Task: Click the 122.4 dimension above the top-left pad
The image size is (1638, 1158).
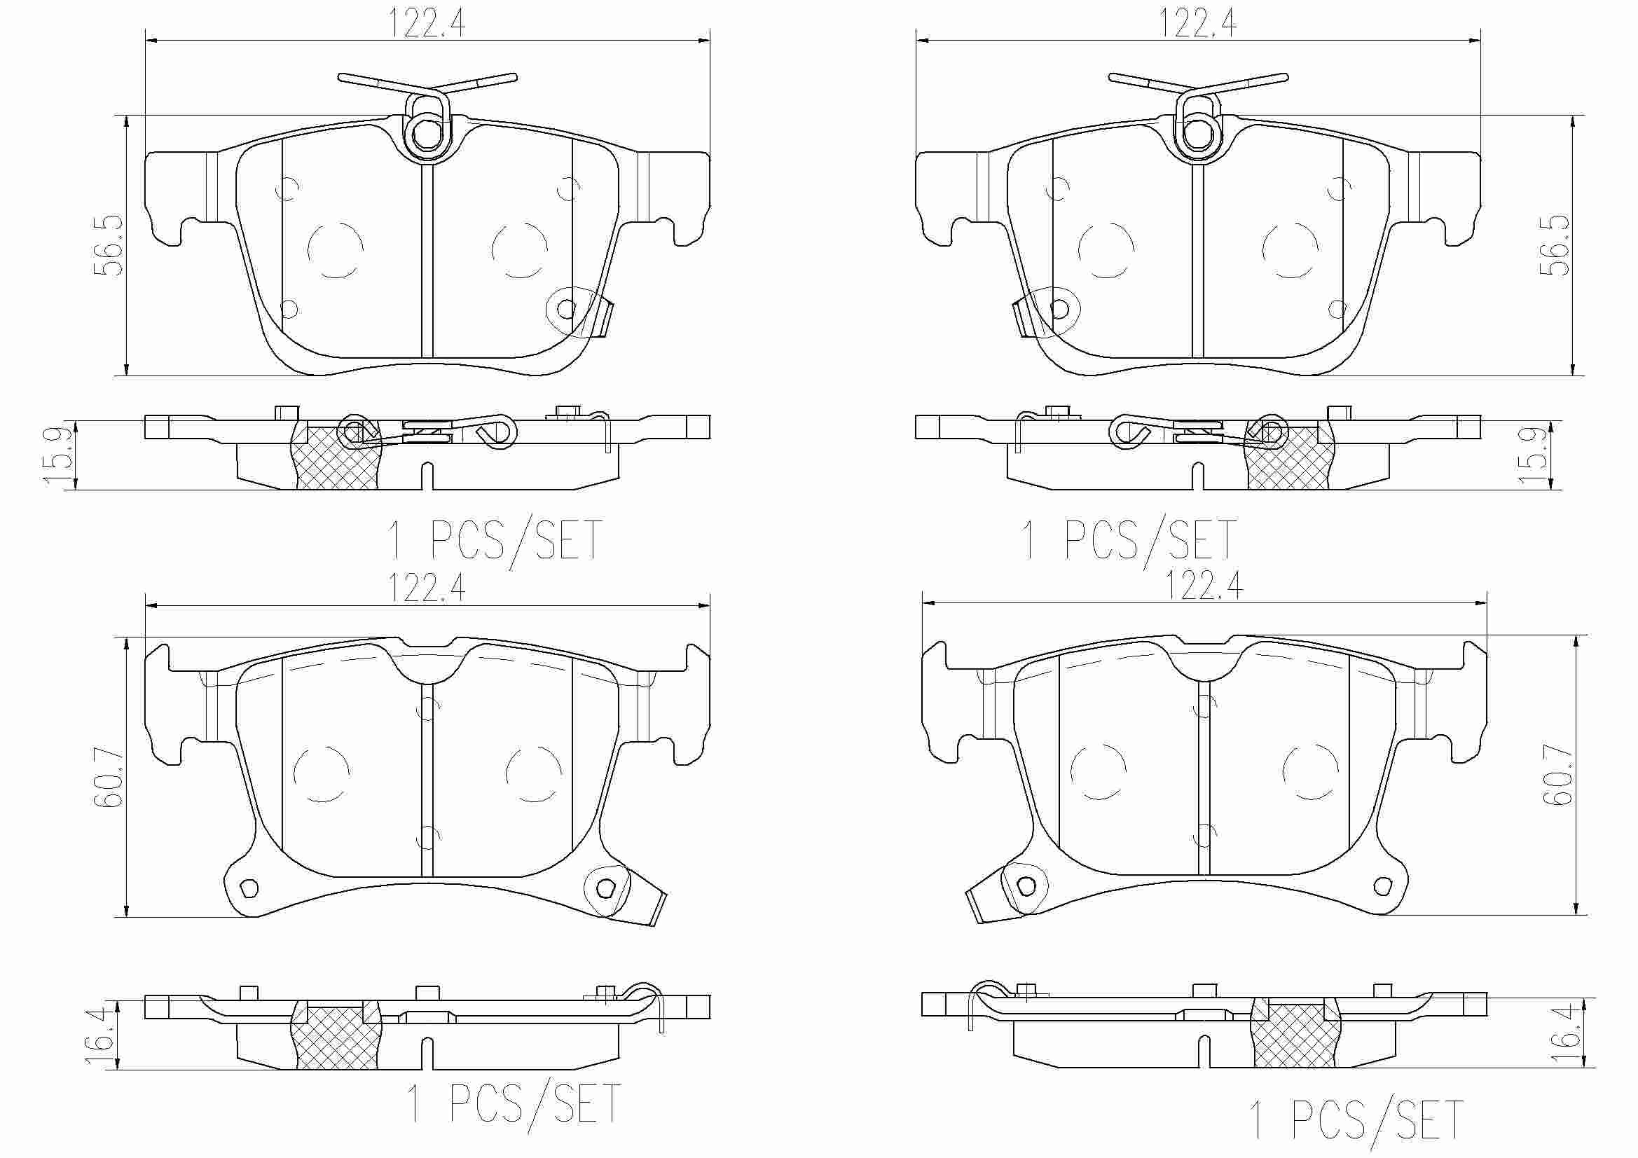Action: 427,23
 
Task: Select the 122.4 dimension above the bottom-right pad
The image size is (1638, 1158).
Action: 1204,586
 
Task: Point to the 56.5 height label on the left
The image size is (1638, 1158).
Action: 109,244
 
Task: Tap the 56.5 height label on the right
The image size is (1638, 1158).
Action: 1555,244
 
